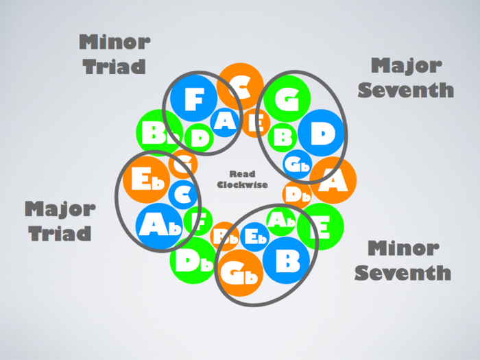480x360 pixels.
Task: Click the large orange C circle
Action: coord(240,85)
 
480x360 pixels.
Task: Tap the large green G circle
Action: coord(288,99)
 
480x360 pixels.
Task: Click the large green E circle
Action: coord(320,226)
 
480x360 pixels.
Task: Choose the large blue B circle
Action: coord(287,260)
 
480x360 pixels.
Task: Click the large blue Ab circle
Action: coord(159,226)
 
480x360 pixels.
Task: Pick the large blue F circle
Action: coord(193,101)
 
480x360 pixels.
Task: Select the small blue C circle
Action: coord(182,195)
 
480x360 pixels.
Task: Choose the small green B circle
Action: coord(281,136)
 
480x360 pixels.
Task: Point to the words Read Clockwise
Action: coord(242,179)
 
